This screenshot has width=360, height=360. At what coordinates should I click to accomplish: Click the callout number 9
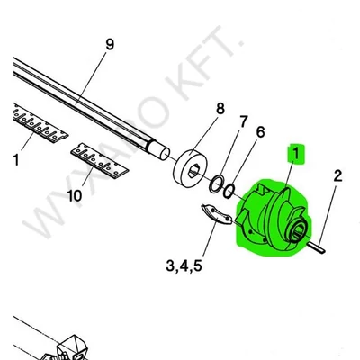tap(110, 45)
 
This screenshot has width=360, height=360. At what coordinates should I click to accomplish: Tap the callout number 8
tap(220, 109)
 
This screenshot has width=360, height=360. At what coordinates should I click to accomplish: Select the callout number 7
tap(243, 121)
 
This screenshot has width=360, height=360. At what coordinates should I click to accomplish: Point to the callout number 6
tap(260, 132)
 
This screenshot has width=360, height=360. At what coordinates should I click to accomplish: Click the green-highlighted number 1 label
tap(296, 154)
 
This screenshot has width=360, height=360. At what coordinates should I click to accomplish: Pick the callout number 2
tap(337, 175)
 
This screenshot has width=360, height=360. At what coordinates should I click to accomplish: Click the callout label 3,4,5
tap(184, 265)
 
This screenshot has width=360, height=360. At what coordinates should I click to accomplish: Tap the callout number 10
tap(75, 196)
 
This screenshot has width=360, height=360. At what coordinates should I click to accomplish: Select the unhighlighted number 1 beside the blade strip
tap(16, 159)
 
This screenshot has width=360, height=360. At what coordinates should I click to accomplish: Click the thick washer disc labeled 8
tap(190, 170)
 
